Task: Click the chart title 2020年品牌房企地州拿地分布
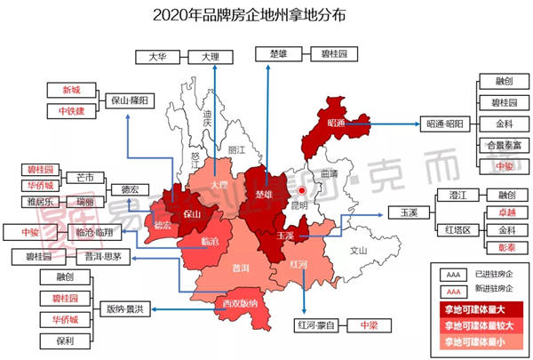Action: [x=266, y=15]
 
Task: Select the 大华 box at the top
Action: [x=157, y=56]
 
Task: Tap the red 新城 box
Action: [x=70, y=91]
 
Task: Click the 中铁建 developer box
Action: [x=70, y=111]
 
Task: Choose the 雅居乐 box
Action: [x=41, y=202]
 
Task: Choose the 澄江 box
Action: [x=457, y=195]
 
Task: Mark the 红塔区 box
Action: [x=457, y=229]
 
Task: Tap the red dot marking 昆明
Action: [x=301, y=190]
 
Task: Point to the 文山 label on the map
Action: [x=358, y=252]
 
